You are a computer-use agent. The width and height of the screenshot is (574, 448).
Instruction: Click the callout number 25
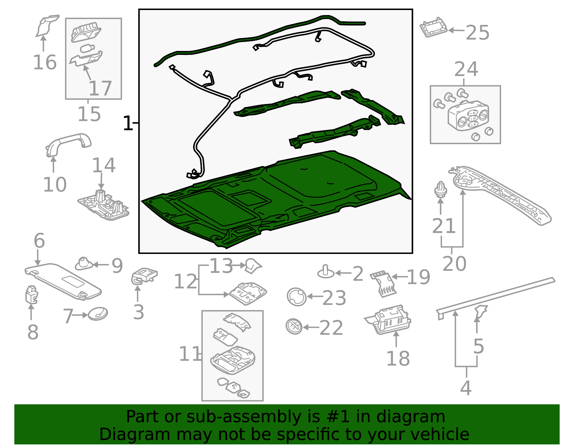(477, 33)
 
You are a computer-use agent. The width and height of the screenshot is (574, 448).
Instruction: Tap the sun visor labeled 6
(63, 282)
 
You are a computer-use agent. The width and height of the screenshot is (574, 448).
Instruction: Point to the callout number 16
(44, 62)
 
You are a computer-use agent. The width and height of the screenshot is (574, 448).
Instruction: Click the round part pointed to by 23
(297, 297)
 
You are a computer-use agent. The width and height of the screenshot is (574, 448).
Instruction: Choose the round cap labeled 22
(294, 326)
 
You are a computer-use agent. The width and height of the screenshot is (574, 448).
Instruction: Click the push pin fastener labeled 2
(326, 272)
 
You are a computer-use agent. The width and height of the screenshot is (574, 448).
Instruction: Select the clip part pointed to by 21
(441, 189)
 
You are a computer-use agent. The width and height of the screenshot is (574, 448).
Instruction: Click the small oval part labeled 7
(98, 314)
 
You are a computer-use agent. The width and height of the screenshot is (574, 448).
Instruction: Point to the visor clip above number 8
(32, 294)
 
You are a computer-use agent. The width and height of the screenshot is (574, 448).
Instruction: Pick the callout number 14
(104, 165)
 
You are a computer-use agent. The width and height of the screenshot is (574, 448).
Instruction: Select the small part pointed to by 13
(253, 266)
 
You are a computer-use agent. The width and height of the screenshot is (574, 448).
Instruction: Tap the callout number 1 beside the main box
(128, 123)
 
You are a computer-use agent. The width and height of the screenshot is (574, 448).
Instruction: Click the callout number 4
(466, 388)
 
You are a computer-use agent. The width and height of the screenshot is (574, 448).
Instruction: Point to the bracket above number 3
(144, 276)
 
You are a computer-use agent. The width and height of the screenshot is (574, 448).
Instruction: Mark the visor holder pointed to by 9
(84, 264)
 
